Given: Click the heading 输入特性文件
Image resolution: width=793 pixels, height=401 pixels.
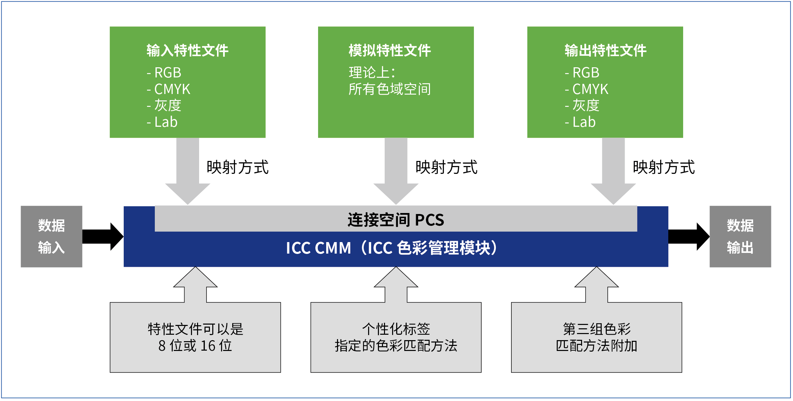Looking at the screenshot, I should pyautogui.click(x=187, y=51).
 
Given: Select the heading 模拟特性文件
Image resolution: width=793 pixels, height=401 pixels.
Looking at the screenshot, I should pyautogui.click(x=389, y=51).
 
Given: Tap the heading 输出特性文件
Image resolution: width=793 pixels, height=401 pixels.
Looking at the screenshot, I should pyautogui.click(x=605, y=51).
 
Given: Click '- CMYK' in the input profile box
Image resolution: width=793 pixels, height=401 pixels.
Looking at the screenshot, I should pyautogui.click(x=169, y=89).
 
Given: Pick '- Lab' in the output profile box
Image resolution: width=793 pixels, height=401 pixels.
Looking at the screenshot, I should pyautogui.click(x=580, y=122).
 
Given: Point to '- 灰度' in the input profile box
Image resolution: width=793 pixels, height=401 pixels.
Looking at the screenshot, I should pyautogui.click(x=164, y=105).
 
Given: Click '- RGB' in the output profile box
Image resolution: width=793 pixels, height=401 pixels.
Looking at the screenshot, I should pyautogui.click(x=582, y=73).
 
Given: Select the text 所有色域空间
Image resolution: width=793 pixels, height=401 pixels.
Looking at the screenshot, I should pyautogui.click(x=389, y=89).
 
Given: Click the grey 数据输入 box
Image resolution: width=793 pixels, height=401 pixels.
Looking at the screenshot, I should pyautogui.click(x=51, y=236).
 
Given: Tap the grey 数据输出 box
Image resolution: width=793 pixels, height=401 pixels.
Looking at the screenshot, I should pyautogui.click(x=740, y=236).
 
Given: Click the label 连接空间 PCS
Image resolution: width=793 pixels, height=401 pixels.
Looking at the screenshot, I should pyautogui.click(x=395, y=220).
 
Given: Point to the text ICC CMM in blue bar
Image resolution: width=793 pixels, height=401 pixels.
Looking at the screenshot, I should pyautogui.click(x=318, y=248).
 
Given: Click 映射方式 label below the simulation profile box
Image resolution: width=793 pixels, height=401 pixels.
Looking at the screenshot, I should pyautogui.click(x=446, y=167).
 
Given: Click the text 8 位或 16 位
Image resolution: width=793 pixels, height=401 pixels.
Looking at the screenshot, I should pyautogui.click(x=195, y=346).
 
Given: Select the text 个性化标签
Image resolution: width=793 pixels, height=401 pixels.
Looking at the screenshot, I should pyautogui.click(x=396, y=329).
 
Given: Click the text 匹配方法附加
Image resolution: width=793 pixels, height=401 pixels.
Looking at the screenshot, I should pyautogui.click(x=596, y=346).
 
